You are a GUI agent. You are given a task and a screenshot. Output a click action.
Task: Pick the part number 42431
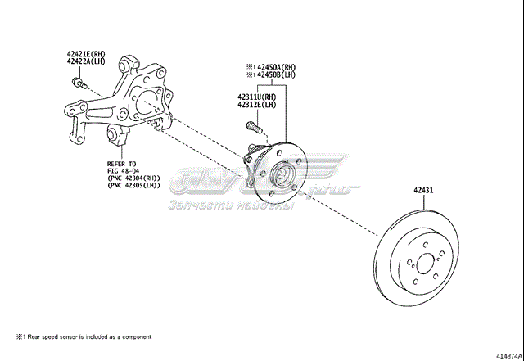click(x=422, y=191)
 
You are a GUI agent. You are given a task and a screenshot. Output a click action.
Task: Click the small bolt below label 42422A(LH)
click(x=79, y=83)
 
